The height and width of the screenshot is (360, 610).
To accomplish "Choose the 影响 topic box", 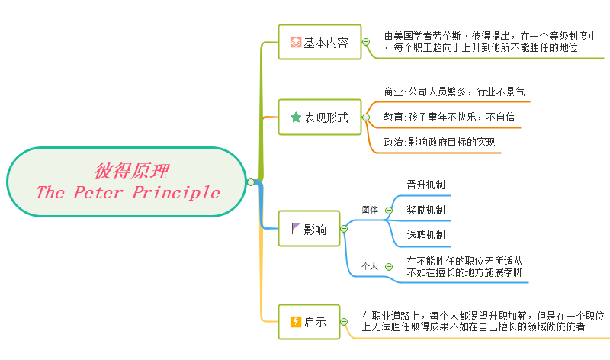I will tap(309, 229).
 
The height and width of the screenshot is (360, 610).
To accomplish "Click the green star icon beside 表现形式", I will tap(296, 118).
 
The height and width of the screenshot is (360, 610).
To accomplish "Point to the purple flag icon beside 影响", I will tap(296, 229).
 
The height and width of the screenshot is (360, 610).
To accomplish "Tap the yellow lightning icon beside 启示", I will tap(296, 322).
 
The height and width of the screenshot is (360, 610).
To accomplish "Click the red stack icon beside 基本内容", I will tap(296, 43).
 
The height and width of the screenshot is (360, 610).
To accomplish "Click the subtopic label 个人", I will tap(370, 266).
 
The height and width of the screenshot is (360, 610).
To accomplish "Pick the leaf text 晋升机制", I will tap(426, 185).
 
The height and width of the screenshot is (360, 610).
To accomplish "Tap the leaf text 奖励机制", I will tap(426, 210).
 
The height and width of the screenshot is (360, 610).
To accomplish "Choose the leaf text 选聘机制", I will tap(426, 235).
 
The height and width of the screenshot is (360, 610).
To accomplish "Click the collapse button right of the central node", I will tap(251, 182).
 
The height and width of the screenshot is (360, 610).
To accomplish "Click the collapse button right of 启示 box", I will tap(344, 322).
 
